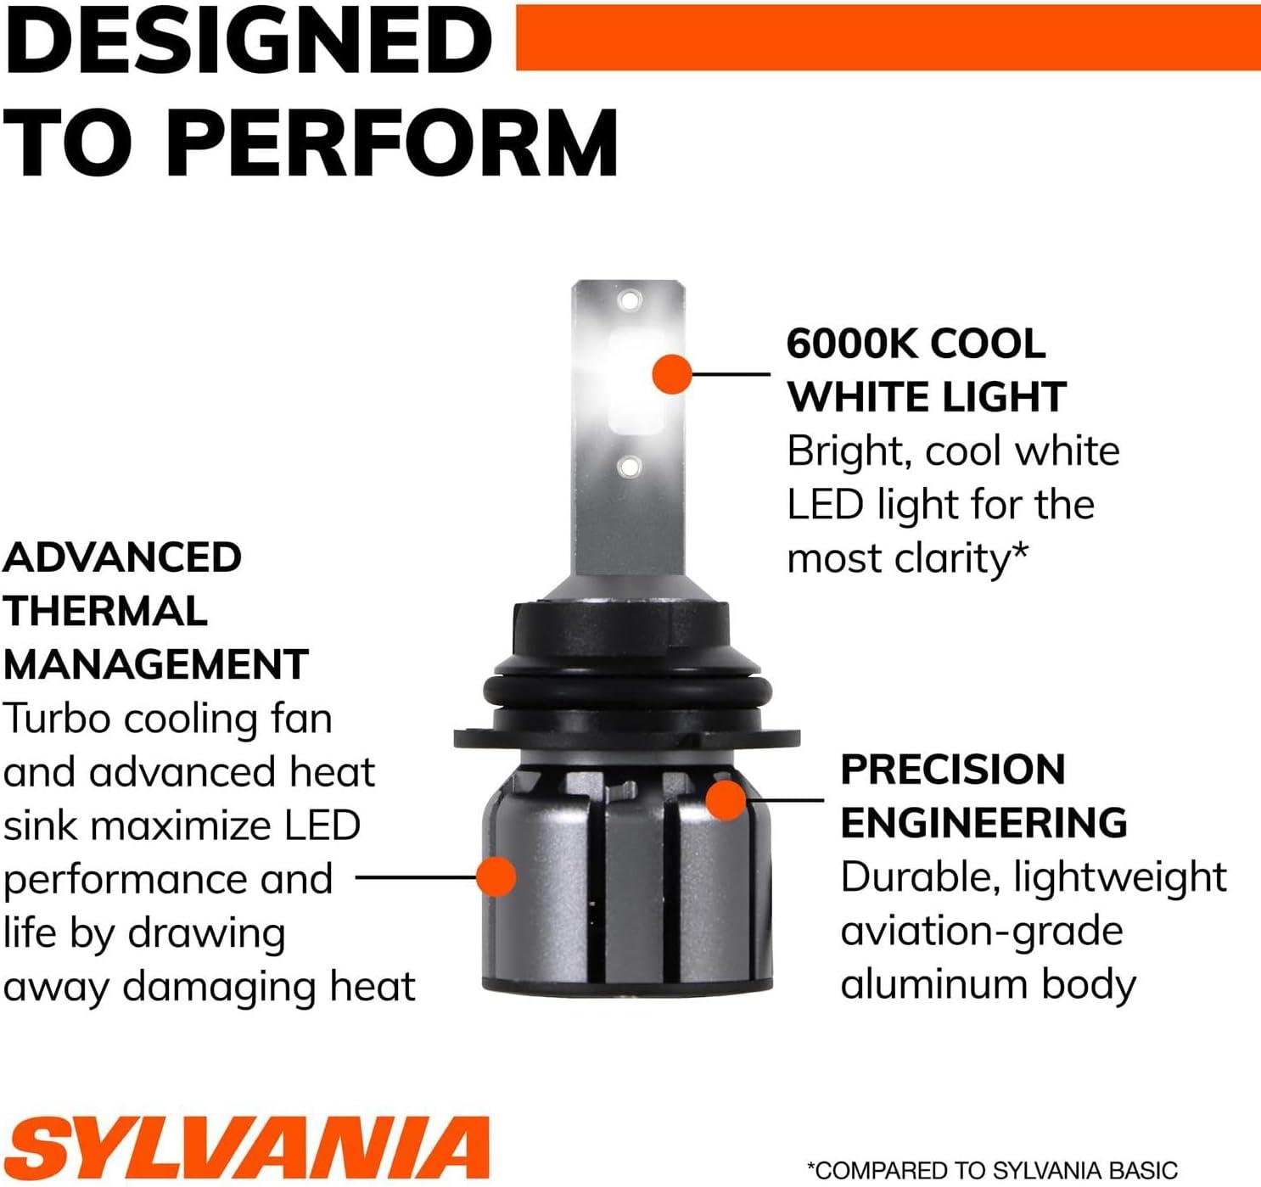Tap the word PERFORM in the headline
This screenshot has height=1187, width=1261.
click(x=392, y=143)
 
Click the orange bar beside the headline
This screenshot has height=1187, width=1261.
click(x=888, y=37)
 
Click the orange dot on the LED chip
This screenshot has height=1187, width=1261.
click(x=672, y=374)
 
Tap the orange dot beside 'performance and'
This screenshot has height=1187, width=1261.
click(x=496, y=877)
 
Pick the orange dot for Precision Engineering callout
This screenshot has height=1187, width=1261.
click(x=725, y=800)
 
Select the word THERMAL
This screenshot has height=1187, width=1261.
click(x=106, y=611)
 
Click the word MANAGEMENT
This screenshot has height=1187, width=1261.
click(x=156, y=664)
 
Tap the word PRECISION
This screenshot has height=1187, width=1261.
click(x=952, y=770)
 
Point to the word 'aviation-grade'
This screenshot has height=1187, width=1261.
click(x=982, y=933)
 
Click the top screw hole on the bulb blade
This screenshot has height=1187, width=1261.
click(x=630, y=300)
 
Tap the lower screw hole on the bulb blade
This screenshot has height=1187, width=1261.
click(x=630, y=467)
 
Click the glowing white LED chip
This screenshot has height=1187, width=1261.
click(x=635, y=383)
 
